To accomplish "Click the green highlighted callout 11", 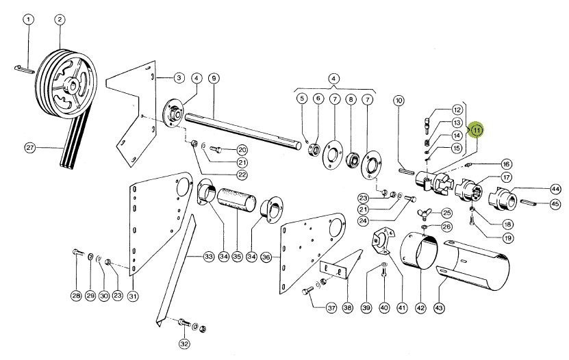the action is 476,130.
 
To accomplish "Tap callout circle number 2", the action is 60,20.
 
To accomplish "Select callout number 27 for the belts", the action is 30,148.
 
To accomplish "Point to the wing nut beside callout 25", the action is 424,212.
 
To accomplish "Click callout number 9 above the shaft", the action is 214,78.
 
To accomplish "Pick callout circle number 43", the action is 439,308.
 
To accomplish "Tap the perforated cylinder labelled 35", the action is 237,200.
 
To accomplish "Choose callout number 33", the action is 208,257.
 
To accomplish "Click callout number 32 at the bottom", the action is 184,343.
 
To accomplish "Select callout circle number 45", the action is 555,204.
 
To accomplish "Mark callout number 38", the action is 347,308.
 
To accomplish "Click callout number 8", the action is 351,99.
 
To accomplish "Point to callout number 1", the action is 28,20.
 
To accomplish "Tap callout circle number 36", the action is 266,257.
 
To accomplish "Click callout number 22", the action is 242,175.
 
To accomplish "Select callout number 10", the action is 399,101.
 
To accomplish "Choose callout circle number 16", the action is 506,164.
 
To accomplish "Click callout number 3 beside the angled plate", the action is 179,78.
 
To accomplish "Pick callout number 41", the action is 402,308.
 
